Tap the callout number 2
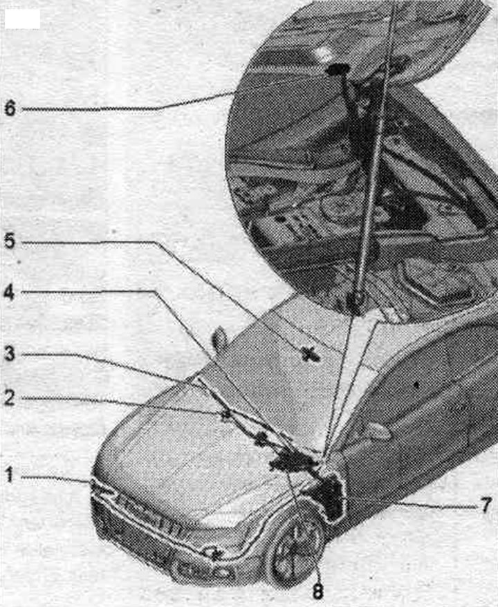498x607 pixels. [10, 398]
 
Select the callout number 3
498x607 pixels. [10, 354]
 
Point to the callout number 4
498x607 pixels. [10, 292]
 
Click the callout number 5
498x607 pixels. [10, 241]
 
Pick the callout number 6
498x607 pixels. [10, 108]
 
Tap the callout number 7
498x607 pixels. [486, 505]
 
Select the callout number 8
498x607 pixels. [317, 591]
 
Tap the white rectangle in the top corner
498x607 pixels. [22, 19]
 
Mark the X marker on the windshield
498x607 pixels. [309, 354]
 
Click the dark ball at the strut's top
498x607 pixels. [338, 69]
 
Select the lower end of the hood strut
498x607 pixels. [356, 301]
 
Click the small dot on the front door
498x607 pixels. [416, 385]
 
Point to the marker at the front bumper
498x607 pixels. [214, 554]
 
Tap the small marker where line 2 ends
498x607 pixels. [225, 415]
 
